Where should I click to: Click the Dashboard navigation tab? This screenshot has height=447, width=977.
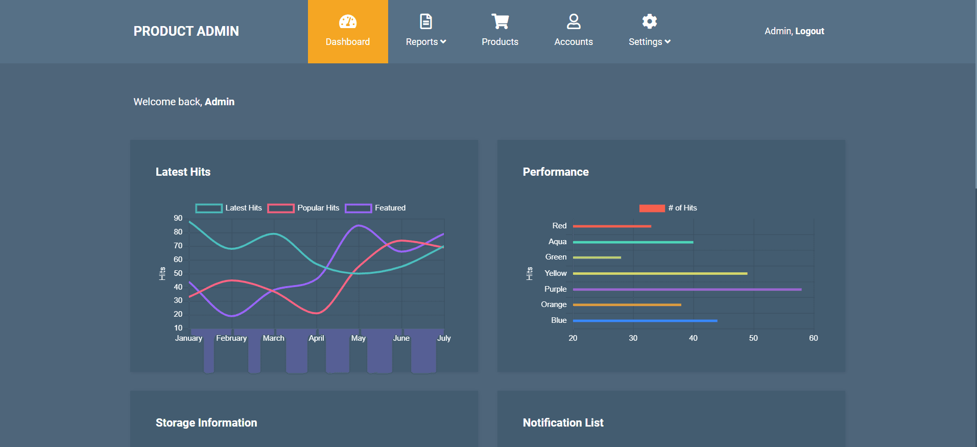click(348, 32)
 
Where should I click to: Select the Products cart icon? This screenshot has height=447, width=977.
click(500, 21)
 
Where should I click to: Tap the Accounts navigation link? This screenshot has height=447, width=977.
click(574, 32)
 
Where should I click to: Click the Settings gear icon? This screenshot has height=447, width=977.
click(649, 21)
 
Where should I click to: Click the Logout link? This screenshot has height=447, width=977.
click(809, 31)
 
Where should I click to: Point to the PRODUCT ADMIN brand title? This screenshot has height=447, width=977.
click(186, 31)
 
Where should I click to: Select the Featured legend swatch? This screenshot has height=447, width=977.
click(358, 208)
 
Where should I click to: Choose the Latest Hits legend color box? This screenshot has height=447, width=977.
click(209, 208)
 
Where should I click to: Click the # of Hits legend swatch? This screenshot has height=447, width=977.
click(652, 208)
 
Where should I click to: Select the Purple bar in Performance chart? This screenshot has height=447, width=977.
click(687, 290)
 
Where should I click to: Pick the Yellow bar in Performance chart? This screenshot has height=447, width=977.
click(660, 274)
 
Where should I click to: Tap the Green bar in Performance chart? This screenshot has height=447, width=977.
click(597, 257)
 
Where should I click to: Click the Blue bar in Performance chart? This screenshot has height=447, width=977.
click(645, 321)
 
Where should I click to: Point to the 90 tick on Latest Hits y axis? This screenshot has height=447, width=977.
click(178, 218)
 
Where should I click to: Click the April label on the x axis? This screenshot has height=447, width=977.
click(316, 338)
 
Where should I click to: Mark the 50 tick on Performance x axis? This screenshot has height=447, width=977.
click(753, 338)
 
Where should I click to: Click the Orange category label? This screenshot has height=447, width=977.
click(554, 304)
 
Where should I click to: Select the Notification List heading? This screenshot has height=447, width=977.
click(563, 422)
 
